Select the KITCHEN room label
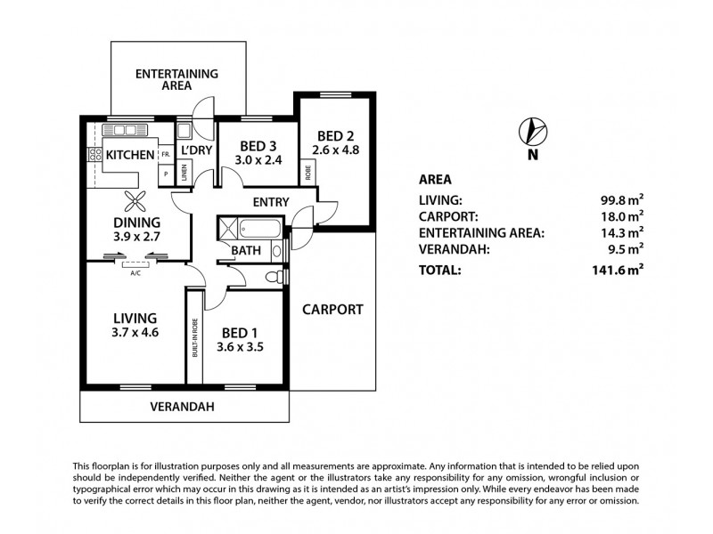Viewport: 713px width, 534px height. click(x=130, y=155)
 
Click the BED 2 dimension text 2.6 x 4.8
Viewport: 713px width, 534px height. click(x=335, y=150)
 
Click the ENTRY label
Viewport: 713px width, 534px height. click(x=270, y=202)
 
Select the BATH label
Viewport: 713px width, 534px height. click(x=246, y=251)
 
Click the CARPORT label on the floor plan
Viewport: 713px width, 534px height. click(x=332, y=310)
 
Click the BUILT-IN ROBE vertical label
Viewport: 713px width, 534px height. click(x=193, y=338)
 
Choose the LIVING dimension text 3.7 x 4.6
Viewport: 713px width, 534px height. click(x=135, y=333)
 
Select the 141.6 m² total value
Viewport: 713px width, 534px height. click(x=621, y=271)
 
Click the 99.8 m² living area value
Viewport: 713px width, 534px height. click(x=623, y=200)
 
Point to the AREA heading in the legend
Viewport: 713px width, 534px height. click(x=436, y=178)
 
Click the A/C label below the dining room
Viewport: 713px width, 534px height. click(x=135, y=273)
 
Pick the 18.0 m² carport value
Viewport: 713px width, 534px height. click(x=623, y=216)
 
